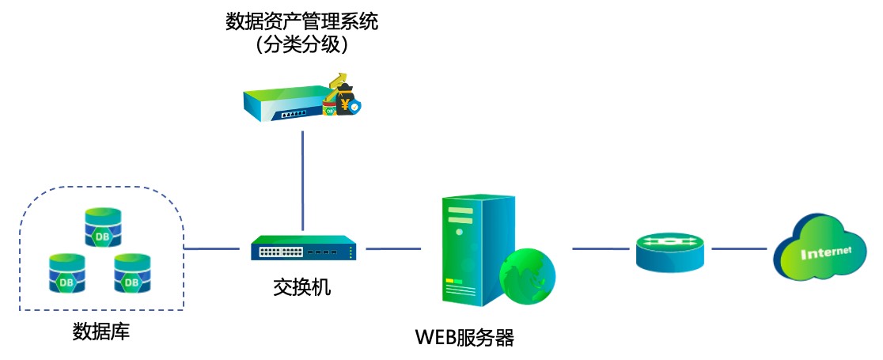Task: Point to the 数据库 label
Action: click(100, 331)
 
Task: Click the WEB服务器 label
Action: click(464, 339)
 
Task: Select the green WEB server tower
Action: click(471, 249)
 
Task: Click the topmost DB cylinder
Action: click(104, 226)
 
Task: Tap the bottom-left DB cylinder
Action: click(66, 272)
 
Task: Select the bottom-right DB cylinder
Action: click(131, 272)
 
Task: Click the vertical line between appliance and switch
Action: click(302, 182)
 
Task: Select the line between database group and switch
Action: click(211, 248)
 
